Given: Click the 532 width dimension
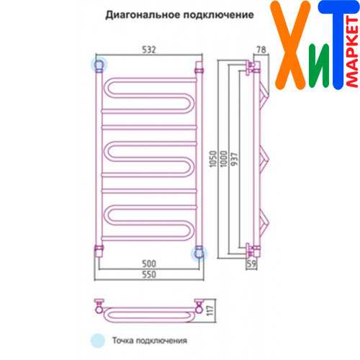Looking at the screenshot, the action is pyautogui.click(x=149, y=50).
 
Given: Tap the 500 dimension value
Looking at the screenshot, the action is pyautogui.click(x=149, y=264).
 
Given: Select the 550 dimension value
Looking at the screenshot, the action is pyautogui.click(x=149, y=274).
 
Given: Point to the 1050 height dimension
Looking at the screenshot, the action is pyautogui.click(x=213, y=159).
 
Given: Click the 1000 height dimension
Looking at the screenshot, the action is pyautogui.click(x=223, y=159).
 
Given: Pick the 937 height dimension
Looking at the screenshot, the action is pyautogui.click(x=234, y=159).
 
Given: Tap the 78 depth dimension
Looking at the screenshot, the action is pyautogui.click(x=261, y=50).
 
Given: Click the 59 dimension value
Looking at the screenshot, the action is pyautogui.click(x=251, y=264).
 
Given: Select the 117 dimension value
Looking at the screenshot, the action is pyautogui.click(x=210, y=310).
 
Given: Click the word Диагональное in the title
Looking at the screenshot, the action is pyautogui.click(x=143, y=15).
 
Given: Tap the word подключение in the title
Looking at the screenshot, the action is pyautogui.click(x=219, y=15).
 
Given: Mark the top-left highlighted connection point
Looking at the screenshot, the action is pyautogui.click(x=99, y=65).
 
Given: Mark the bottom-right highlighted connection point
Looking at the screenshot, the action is pyautogui.click(x=199, y=253).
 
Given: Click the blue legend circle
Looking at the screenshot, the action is pyautogui.click(x=98, y=341).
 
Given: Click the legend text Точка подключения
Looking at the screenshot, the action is pyautogui.click(x=150, y=341).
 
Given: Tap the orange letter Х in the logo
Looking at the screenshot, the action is pyautogui.click(x=290, y=45).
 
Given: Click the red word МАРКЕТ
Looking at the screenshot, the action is pyautogui.click(x=352, y=53).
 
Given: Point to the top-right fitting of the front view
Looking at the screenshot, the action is pyautogui.click(x=199, y=67).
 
